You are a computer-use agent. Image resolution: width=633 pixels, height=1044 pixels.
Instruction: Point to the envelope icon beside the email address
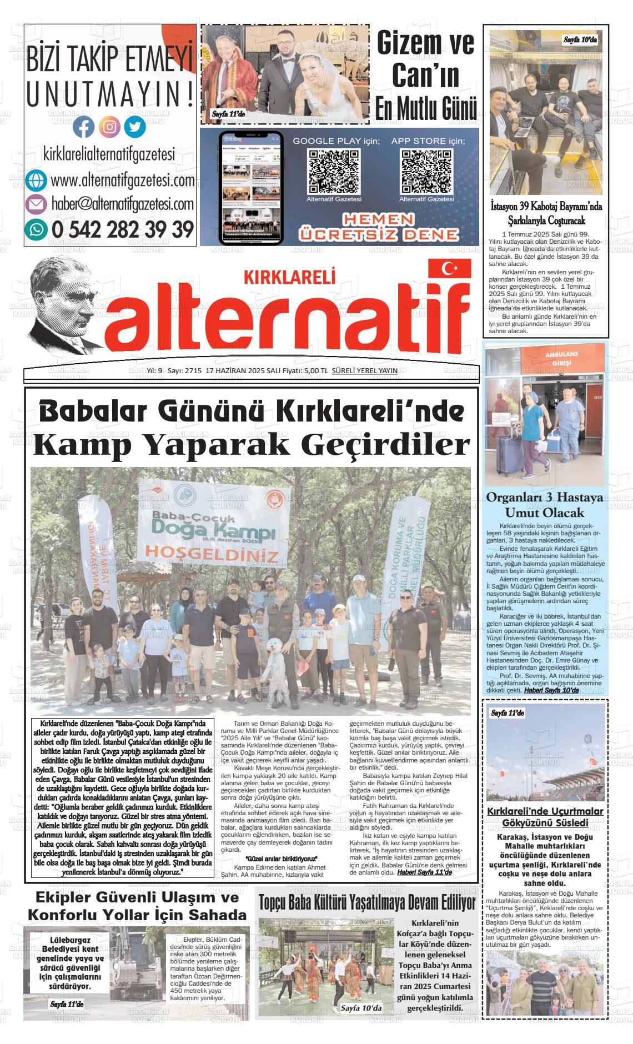point(36,205)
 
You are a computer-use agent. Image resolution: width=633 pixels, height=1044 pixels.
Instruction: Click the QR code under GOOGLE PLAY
point(334,171)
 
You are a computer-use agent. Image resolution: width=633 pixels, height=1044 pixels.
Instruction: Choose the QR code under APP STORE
point(426,171)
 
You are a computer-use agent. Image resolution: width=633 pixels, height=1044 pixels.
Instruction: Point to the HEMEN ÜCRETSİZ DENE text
point(378,227)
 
